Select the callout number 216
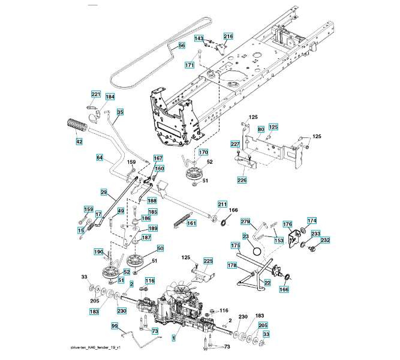coord(228,37)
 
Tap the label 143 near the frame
coord(199,38)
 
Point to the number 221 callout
coord(96,95)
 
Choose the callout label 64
coord(100,157)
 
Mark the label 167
coord(158,158)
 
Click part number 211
coord(222,206)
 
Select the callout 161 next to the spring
coord(192,223)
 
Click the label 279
coord(245,222)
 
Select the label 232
coord(325,240)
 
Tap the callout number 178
coord(231,265)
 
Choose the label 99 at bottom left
coord(115,325)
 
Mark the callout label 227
coord(235,145)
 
